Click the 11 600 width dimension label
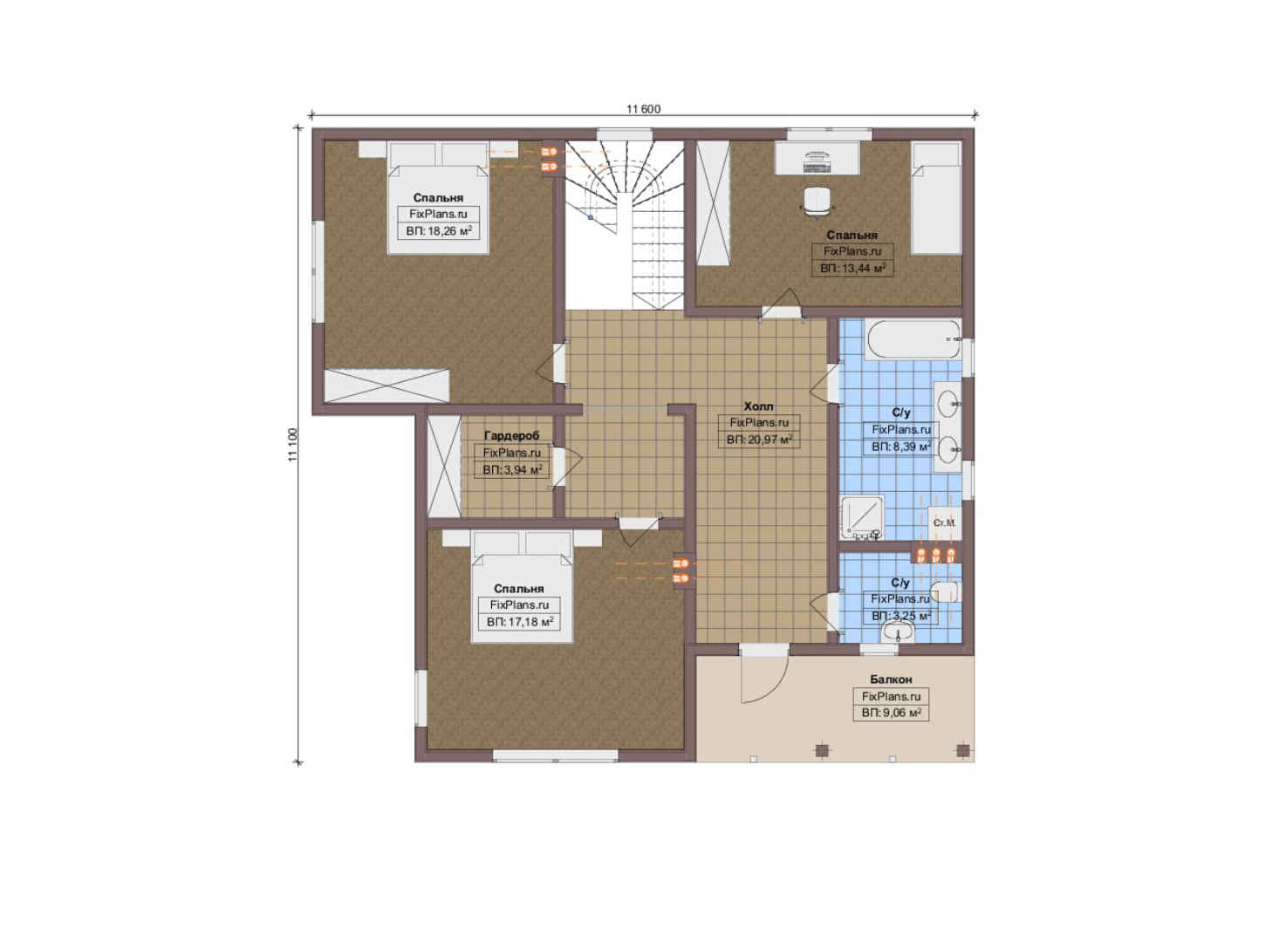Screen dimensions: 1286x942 click(x=643, y=109)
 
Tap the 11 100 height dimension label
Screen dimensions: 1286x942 click(x=293, y=445)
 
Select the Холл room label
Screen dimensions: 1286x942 click(x=758, y=406)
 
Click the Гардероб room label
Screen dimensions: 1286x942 click(x=511, y=436)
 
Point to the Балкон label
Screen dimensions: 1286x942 click(x=891, y=679)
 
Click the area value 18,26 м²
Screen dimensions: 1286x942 click(x=439, y=231)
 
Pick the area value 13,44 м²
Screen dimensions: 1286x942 click(x=852, y=268)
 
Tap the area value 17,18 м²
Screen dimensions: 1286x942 click(x=520, y=622)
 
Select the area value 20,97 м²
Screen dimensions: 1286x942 click(x=760, y=440)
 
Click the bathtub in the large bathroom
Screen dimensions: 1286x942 click(x=913, y=339)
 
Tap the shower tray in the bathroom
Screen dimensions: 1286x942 click(x=862, y=518)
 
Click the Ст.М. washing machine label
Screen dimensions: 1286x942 click(x=944, y=523)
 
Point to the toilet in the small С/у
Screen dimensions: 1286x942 click(x=944, y=592)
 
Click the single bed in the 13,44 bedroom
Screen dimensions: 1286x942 click(x=936, y=198)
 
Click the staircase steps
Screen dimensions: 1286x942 click(x=625, y=225)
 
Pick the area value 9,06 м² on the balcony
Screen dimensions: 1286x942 click(x=891, y=713)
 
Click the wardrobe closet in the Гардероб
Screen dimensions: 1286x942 click(x=444, y=466)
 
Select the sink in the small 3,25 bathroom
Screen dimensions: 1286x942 click(x=898, y=632)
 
